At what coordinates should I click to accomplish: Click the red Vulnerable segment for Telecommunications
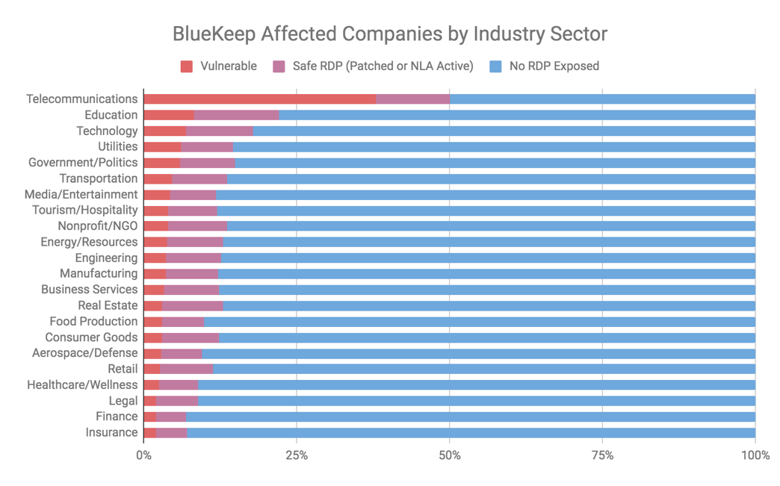pyautogui.click(x=259, y=99)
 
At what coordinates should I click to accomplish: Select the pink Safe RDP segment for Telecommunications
pyautogui.click(x=412, y=99)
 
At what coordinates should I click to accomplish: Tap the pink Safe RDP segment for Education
pyautogui.click(x=236, y=115)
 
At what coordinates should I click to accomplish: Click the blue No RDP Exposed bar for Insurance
pyautogui.click(x=471, y=433)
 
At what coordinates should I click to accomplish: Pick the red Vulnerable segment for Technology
pyautogui.click(x=164, y=131)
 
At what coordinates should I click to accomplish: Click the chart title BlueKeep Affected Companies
pyautogui.click(x=389, y=34)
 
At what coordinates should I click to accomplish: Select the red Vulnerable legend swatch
pyautogui.click(x=187, y=66)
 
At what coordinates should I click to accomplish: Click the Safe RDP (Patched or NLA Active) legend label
pyautogui.click(x=383, y=66)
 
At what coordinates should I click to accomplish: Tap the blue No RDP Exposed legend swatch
pyautogui.click(x=495, y=66)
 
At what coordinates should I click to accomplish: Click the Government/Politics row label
pyautogui.click(x=83, y=163)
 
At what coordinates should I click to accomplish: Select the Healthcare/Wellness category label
pyautogui.click(x=82, y=385)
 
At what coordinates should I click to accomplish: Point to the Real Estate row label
pyautogui.click(x=108, y=305)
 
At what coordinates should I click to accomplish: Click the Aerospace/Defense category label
pyautogui.click(x=84, y=353)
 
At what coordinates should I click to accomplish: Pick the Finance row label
pyautogui.click(x=117, y=417)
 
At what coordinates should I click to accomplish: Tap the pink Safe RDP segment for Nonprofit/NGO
pyautogui.click(x=197, y=226)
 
